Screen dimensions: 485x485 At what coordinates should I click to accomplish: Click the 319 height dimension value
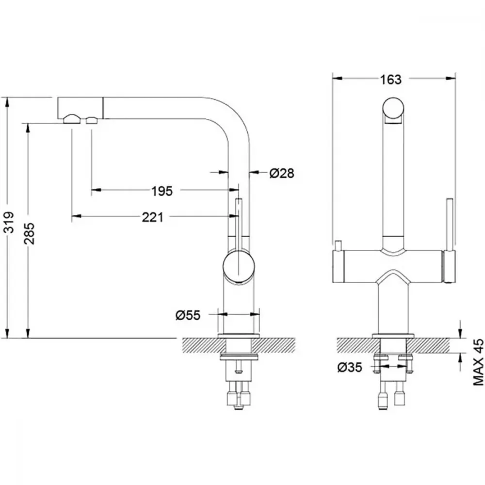pyautogui.click(x=9, y=222)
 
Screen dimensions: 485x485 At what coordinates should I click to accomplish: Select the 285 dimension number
pyautogui.click(x=30, y=234)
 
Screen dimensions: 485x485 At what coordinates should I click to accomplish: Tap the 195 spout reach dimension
pyautogui.click(x=162, y=191)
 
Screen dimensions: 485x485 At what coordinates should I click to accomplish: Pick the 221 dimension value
pyautogui.click(x=152, y=217)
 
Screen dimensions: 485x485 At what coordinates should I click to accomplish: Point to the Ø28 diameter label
pyautogui.click(x=281, y=173)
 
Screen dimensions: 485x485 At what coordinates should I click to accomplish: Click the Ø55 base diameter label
pyautogui.click(x=188, y=315)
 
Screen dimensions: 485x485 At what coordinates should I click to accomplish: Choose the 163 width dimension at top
pyautogui.click(x=390, y=80)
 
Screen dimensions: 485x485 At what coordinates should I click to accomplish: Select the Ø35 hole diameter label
pyautogui.click(x=350, y=367)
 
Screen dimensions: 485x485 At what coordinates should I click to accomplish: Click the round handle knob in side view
pyautogui.click(x=239, y=266)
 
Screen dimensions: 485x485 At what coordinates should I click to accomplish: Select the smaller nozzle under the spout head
pyautogui.click(x=92, y=120)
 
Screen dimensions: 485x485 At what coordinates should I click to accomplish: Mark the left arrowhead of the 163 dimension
pyautogui.click(x=337, y=79)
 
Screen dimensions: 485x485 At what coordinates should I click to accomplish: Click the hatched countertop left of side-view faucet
pyautogui.click(x=200, y=345)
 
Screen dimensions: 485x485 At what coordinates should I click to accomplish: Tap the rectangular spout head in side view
pyautogui.click(x=81, y=108)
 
